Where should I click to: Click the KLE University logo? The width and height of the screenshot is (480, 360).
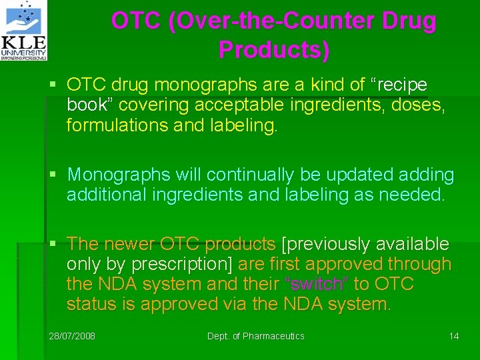click(x=25, y=31)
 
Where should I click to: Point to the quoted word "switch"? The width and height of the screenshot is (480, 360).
click(x=317, y=284)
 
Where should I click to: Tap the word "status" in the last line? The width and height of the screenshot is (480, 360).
click(x=91, y=304)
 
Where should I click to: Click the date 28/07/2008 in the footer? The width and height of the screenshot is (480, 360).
click(x=72, y=336)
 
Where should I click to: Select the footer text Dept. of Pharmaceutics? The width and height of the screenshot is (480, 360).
click(x=255, y=336)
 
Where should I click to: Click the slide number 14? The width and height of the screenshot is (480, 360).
click(x=454, y=336)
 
